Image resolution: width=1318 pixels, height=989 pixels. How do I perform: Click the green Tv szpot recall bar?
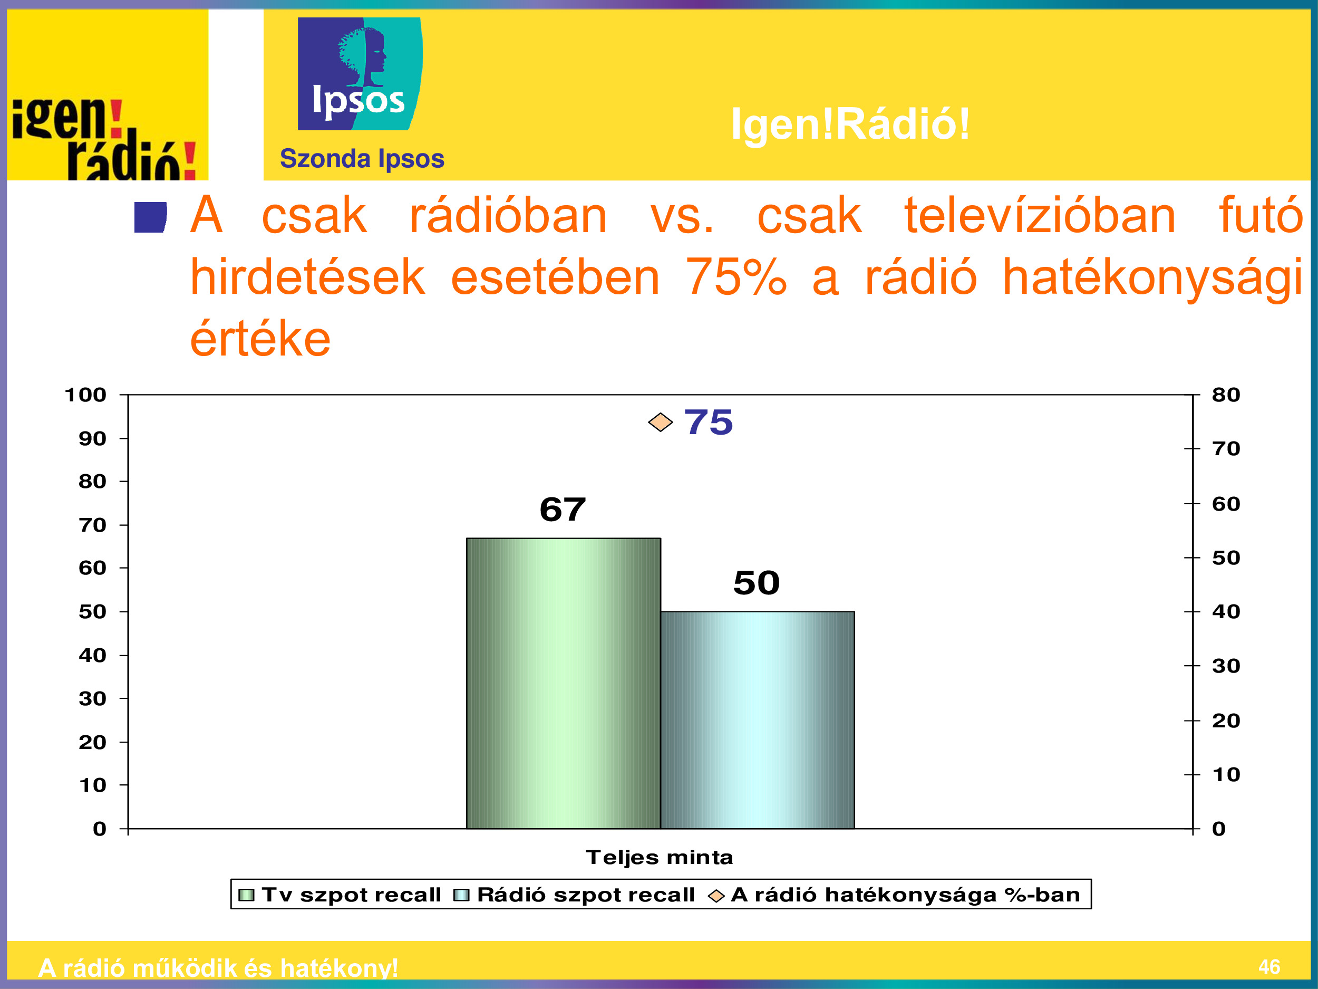[563, 683]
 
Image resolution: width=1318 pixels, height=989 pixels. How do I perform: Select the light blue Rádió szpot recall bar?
[757, 720]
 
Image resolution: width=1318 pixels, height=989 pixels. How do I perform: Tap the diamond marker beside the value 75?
[660, 422]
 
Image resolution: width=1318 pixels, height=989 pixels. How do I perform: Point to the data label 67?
[563, 509]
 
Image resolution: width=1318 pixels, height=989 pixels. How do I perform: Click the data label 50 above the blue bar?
[756, 582]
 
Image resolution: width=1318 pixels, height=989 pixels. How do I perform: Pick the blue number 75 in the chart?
[709, 422]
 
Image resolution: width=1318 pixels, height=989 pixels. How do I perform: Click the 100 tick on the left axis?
[85, 395]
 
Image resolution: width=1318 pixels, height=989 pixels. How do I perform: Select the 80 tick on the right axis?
[1226, 395]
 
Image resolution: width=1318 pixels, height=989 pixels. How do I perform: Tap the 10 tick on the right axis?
[1226, 774]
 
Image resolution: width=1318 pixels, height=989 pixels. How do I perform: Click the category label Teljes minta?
[660, 857]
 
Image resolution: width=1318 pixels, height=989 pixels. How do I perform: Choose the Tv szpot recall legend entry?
[340, 895]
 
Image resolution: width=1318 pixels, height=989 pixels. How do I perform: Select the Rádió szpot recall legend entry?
[575, 895]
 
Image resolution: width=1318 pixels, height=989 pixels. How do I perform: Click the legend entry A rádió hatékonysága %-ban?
[894, 895]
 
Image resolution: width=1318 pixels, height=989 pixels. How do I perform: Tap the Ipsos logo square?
[360, 73]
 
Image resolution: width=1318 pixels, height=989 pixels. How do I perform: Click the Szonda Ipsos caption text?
[362, 159]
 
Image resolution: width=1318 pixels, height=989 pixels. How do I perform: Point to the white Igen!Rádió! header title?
[851, 124]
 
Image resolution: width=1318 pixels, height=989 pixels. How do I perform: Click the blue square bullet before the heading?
[150, 217]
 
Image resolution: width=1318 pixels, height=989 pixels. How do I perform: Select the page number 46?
[1269, 966]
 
